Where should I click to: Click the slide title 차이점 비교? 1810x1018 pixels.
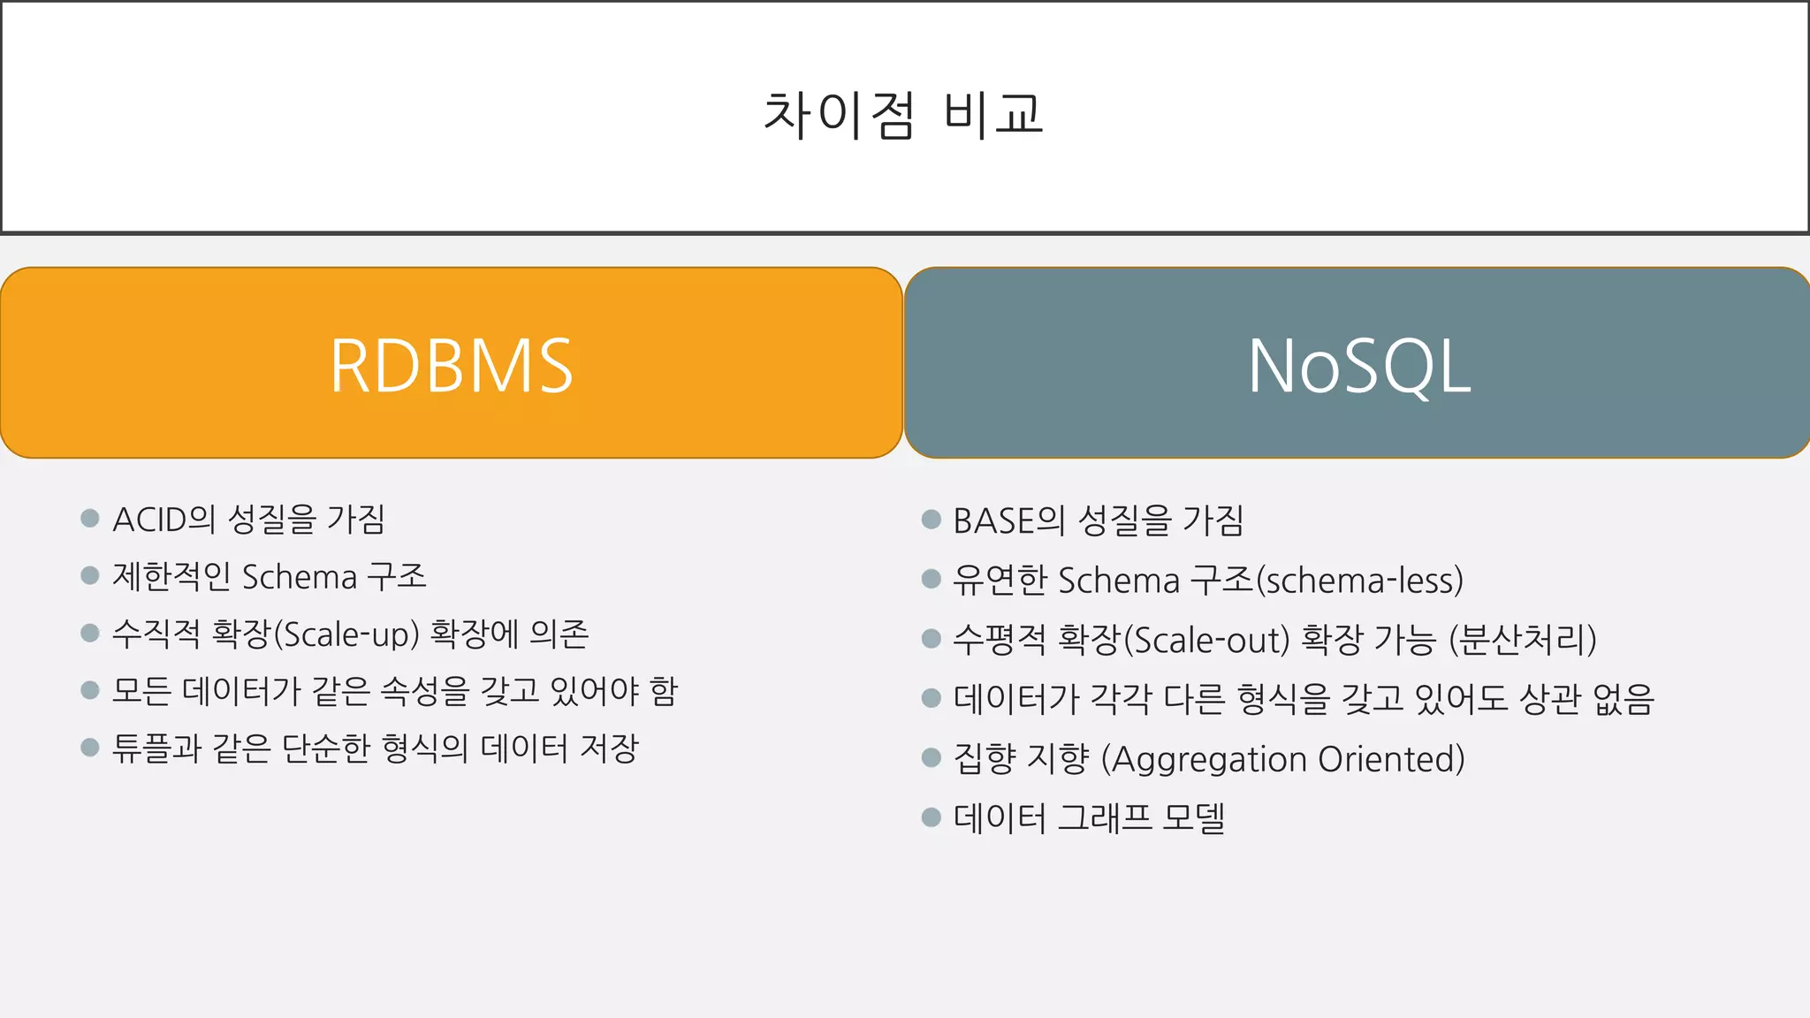(x=903, y=116)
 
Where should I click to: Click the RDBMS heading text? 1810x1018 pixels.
(x=452, y=366)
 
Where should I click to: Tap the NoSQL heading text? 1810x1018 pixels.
(x=1359, y=366)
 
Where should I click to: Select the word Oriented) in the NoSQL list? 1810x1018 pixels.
(x=1391, y=759)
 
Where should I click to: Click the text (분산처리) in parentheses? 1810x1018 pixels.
(x=1523, y=640)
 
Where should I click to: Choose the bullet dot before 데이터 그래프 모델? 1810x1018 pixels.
(x=931, y=817)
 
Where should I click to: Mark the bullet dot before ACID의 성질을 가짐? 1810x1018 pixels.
(x=89, y=518)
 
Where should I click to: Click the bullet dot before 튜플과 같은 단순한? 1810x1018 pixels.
(x=89, y=748)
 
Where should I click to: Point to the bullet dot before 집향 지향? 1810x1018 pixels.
(x=931, y=757)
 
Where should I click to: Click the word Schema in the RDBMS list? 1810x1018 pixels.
(x=300, y=577)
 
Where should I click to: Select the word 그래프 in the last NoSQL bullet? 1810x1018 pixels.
(x=1105, y=817)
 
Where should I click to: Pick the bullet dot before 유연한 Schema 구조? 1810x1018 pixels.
(x=931, y=579)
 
